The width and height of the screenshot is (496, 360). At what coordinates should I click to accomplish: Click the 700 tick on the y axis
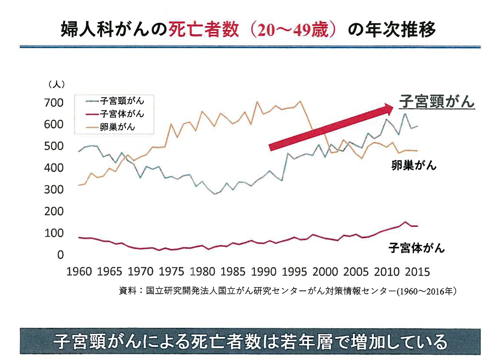click(55, 103)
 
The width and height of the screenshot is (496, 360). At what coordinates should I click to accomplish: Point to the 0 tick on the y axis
click(60, 255)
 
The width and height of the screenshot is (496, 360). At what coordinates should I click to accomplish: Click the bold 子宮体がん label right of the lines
click(417, 248)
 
